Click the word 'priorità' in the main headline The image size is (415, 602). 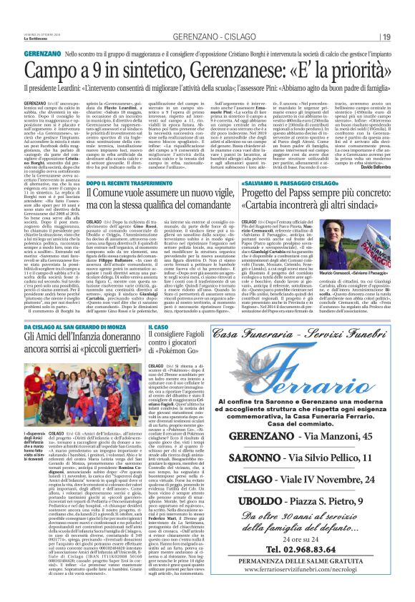click(345, 71)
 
